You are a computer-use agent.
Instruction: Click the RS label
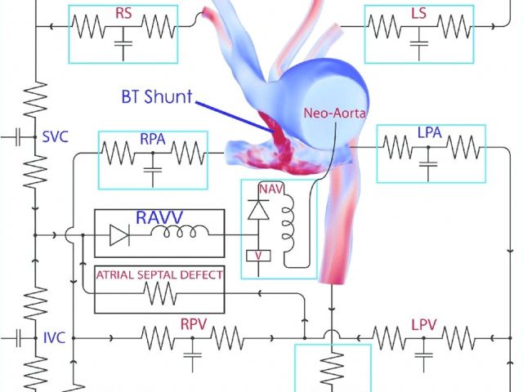pos(123,14)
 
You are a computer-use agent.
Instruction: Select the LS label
pos(419,14)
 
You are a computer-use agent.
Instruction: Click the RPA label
pos(152,139)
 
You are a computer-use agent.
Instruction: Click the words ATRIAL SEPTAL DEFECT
pos(159,275)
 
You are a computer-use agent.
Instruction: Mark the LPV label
pos(426,324)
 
